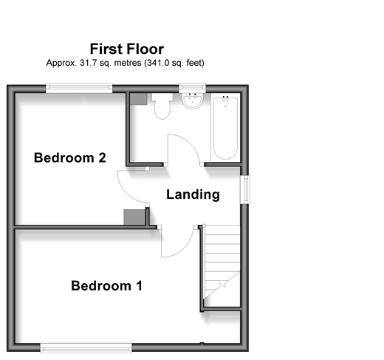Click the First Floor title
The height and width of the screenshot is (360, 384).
pos(127,49)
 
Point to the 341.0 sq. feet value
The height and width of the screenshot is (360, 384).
pos(175,63)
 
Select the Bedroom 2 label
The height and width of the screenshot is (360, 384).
pos(70,157)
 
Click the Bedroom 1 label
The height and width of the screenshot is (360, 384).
pos(106,286)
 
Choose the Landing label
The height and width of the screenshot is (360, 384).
pos(193,194)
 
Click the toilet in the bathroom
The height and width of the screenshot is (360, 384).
pos(162,106)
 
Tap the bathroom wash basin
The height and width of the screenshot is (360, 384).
pos(193,101)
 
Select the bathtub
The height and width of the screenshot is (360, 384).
pos(225,128)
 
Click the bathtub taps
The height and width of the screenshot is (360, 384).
pos(225,99)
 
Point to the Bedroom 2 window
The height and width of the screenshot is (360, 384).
pos(79,88)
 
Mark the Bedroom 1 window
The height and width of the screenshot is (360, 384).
pos(86,348)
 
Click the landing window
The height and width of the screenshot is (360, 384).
pos(245,189)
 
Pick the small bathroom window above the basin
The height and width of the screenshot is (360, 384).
pos(192,88)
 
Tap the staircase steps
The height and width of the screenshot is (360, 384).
pos(222,262)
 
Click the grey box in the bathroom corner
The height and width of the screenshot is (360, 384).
pos(139,99)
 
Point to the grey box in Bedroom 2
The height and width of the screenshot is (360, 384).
pos(134,217)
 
